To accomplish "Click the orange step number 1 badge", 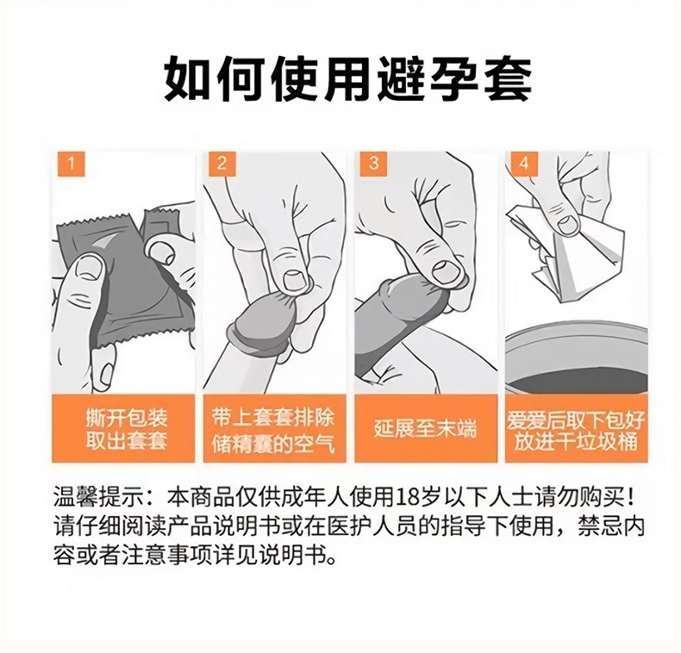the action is click(71, 164).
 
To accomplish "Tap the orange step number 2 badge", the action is click(222, 164).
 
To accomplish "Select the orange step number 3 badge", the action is click(373, 164).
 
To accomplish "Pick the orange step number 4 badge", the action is click(525, 164).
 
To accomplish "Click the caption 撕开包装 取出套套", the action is click(127, 429).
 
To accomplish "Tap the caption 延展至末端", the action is click(425, 428).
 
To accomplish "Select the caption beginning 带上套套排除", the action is click(273, 430).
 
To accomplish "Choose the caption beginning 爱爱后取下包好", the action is click(576, 429).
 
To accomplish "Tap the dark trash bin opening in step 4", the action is click(578, 379).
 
